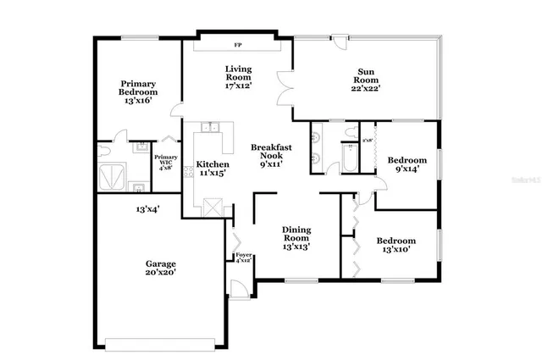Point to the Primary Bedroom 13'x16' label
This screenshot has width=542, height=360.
coord(135,91)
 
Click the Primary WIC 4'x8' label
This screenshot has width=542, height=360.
coord(166,162)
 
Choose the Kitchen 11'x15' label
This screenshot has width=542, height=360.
coord(213,168)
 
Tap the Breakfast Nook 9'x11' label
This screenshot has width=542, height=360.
coord(272,156)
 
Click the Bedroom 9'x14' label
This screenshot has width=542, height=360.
coord(406,164)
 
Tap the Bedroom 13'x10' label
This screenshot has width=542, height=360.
coord(396,245)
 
